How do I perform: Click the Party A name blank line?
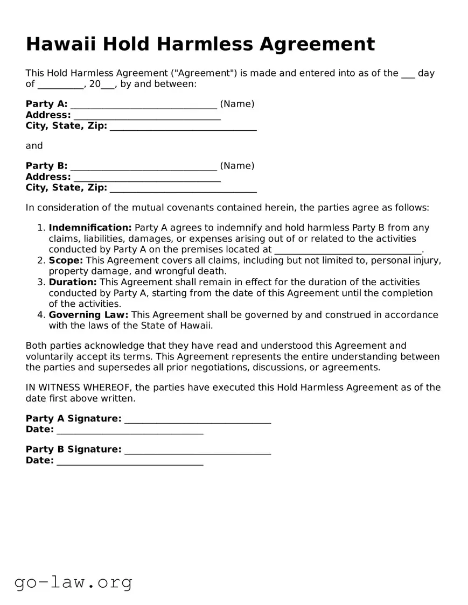[143, 104]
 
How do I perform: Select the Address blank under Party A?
[146, 115]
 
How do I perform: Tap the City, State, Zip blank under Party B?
[183, 188]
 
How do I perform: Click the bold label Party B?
[46, 166]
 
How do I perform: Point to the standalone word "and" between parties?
[34, 146]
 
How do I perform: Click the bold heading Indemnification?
[90, 228]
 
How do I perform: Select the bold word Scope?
[66, 261]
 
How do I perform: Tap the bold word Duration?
[73, 282]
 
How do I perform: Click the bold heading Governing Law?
[88, 315]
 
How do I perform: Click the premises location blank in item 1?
[348, 250]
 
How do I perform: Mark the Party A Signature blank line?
[197, 419]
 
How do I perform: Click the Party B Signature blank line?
[197, 449]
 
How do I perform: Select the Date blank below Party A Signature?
[130, 430]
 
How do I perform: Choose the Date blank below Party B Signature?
[130, 461]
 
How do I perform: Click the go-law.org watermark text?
[73, 582]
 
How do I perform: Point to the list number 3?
[41, 282]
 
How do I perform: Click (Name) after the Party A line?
[237, 104]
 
